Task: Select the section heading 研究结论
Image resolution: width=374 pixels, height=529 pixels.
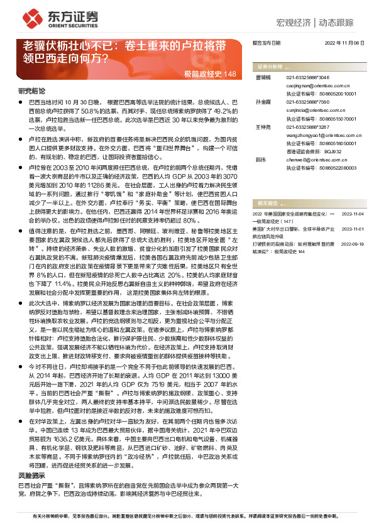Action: [x=31, y=92]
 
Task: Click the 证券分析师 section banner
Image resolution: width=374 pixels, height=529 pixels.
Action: [x=270, y=66]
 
